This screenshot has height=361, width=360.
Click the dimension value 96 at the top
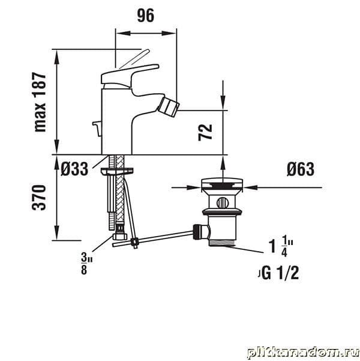pyautogui.click(x=146, y=16)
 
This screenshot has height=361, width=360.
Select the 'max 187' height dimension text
pyautogui.click(x=40, y=102)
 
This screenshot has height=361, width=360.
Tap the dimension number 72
pyautogui.click(x=205, y=132)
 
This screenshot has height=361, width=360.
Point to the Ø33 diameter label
pyautogui.click(x=74, y=169)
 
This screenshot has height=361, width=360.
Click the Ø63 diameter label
pyautogui.click(x=301, y=169)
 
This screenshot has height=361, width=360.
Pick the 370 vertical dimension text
pyautogui.click(x=39, y=198)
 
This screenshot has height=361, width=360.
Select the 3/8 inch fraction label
pyautogui.click(x=86, y=264)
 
